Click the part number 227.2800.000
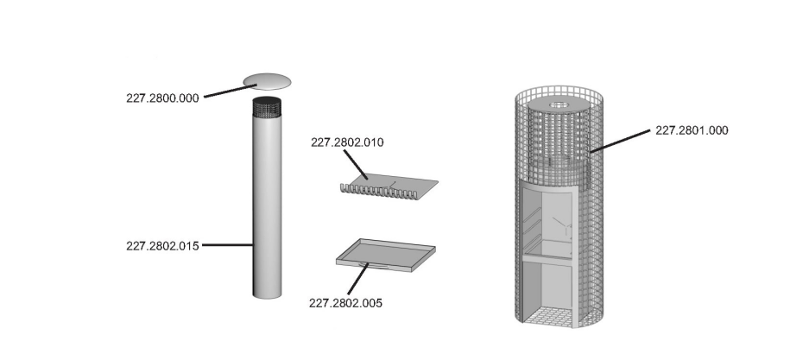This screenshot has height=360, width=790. click(162, 98)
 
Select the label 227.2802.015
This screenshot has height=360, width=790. click(162, 246)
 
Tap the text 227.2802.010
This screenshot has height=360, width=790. click(347, 142)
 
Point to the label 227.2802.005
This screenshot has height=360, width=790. click(345, 303)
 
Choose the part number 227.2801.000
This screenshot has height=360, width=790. click(692, 130)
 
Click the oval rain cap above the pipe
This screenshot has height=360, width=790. click(267, 81)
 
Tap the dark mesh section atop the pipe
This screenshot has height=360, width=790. click(267, 107)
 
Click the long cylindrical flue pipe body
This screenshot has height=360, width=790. click(267, 206)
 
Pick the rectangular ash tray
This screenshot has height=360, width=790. click(386, 256)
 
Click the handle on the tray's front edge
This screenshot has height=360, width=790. click(374, 265)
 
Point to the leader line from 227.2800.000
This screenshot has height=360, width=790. click(231, 91)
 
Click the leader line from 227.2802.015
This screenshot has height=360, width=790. click(227, 245)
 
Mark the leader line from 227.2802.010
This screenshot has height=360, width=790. click(357, 165)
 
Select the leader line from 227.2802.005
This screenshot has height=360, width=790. click(358, 279)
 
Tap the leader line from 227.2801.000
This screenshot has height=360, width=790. click(620, 141)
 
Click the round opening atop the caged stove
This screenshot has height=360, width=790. click(559, 105)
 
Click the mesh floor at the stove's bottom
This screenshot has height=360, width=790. click(548, 316)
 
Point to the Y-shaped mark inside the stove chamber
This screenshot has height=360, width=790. click(563, 226)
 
